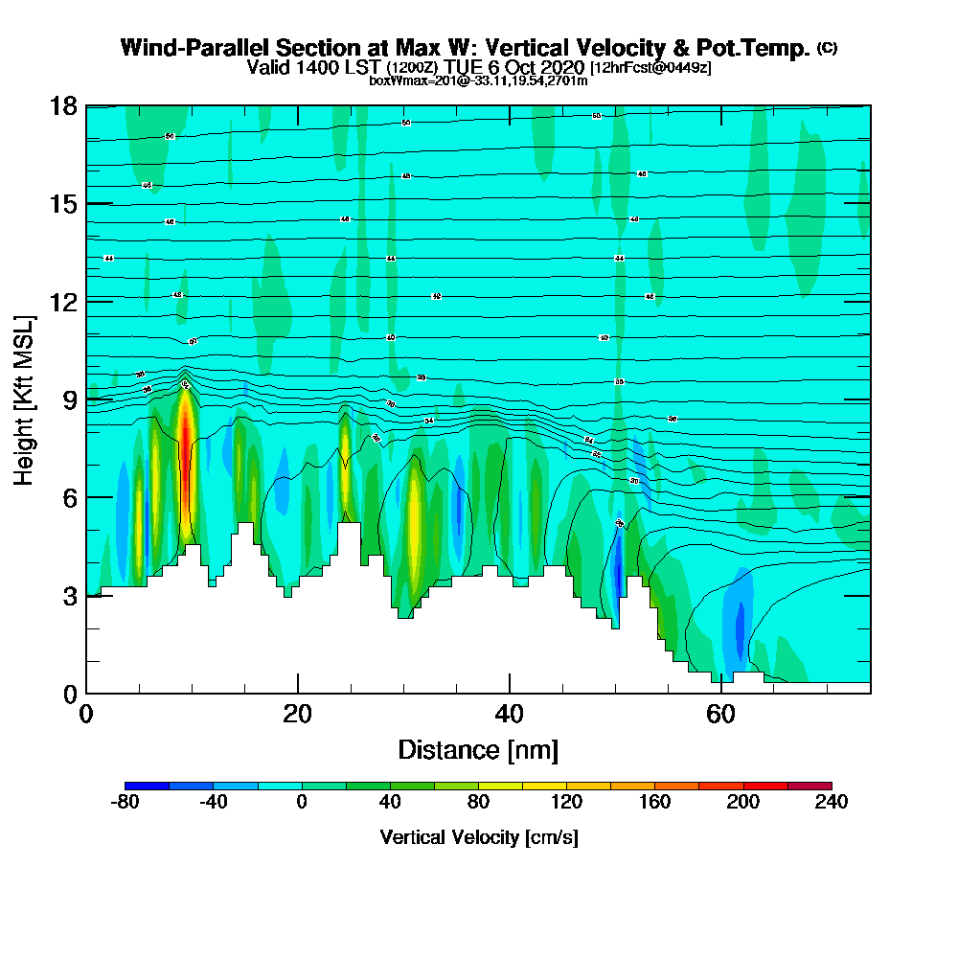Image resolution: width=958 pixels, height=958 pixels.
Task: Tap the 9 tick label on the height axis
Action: [x=68, y=399]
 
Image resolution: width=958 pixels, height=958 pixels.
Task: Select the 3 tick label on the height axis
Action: [x=68, y=596]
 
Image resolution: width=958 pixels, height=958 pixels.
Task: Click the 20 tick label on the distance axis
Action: [x=298, y=714]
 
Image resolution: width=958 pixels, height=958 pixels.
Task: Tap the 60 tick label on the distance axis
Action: [x=720, y=714]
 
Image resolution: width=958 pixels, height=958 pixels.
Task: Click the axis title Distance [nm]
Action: [x=478, y=749]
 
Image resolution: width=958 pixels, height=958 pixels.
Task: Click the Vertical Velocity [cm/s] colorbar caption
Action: [x=478, y=837]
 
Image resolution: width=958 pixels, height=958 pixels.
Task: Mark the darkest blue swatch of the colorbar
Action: [x=147, y=786]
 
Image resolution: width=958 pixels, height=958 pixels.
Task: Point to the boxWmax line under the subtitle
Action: [x=478, y=80]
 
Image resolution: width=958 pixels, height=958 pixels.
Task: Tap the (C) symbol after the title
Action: [x=827, y=47]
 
